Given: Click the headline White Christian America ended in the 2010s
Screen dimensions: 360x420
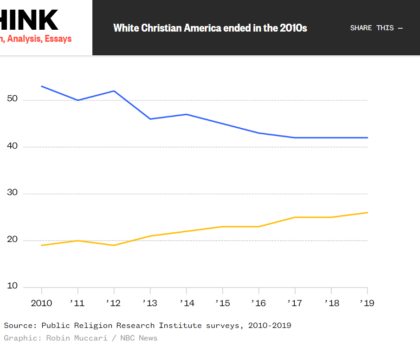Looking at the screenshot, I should click(x=210, y=28).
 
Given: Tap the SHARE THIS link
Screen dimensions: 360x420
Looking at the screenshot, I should click(x=376, y=28).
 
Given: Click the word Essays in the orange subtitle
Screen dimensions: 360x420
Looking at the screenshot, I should click(x=58, y=39).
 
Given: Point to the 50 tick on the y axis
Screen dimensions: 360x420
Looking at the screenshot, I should click(x=13, y=99).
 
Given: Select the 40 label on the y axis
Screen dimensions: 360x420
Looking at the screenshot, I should click(x=13, y=146).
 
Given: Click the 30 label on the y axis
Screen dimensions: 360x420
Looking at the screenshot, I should click(x=13, y=193).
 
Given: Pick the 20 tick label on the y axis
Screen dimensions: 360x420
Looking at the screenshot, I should click(x=13, y=240).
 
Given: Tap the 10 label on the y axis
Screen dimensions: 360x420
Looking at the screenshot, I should click(x=13, y=286).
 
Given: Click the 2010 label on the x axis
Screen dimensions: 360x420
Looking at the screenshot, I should click(x=41, y=303).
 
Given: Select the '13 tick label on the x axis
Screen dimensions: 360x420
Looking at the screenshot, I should click(x=149, y=303).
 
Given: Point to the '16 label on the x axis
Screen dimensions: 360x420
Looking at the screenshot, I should click(x=258, y=303).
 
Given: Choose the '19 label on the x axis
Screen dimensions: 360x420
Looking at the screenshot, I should click(x=367, y=303).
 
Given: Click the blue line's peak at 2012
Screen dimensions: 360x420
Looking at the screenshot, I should click(x=114, y=91).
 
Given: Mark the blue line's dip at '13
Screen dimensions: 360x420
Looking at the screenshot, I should click(x=150, y=119).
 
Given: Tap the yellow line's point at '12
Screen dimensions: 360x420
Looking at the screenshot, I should click(x=114, y=245).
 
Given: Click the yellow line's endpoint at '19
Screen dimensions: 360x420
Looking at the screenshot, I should click(x=367, y=213).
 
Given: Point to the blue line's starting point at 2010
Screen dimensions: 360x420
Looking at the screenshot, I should click(x=42, y=86).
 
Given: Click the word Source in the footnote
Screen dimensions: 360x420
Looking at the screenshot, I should click(x=18, y=325).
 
